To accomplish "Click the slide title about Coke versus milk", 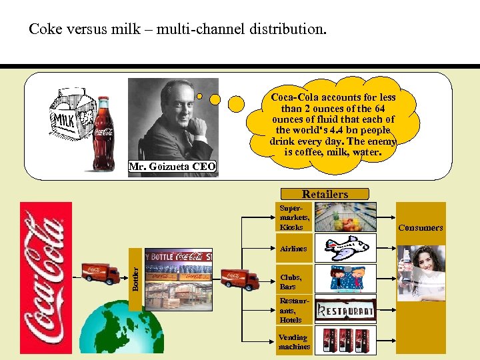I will (178, 29).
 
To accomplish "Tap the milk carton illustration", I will (70, 126).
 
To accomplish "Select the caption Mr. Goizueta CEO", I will (173, 165).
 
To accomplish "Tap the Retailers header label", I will (325, 194).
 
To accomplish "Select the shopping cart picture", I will (345, 217).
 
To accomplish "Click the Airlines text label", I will (294, 249).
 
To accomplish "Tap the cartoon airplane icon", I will (345, 248).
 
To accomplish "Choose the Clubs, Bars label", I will (291, 281).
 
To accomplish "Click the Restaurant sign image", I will (345, 309).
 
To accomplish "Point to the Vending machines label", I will (294, 342).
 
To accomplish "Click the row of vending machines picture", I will (345, 340).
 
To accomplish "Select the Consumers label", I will (420, 227).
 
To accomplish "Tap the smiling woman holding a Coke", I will (423, 270).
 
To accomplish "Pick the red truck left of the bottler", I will (101, 273).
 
